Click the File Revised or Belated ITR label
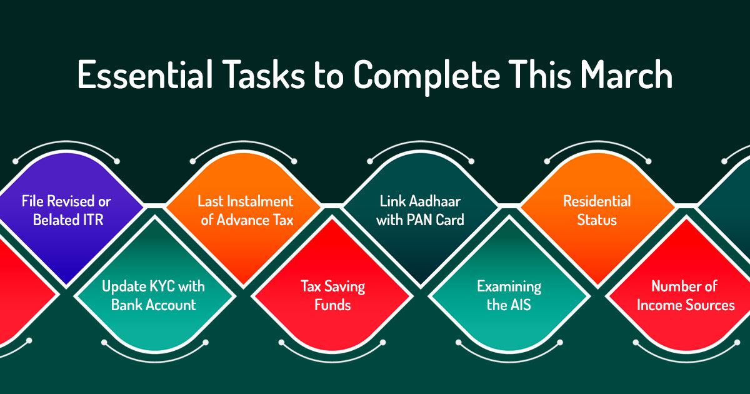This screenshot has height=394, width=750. (66, 211)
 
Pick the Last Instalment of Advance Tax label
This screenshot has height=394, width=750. (246, 211)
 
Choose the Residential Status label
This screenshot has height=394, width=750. (597, 211)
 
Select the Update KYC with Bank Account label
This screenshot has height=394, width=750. (154, 296)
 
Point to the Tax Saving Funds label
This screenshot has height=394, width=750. (332, 296)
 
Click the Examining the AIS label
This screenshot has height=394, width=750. (509, 296)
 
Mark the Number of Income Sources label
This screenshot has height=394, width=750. (686, 296)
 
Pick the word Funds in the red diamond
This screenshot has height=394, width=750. (332, 306)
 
